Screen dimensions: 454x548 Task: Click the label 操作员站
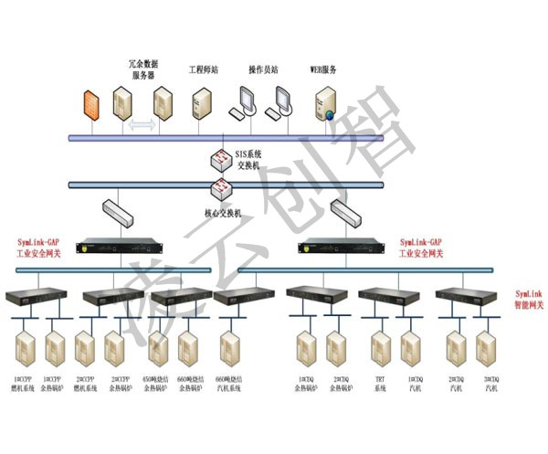pyautogui.click(x=263, y=69)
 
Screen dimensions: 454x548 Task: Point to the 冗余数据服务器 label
pyautogui.click(x=144, y=69)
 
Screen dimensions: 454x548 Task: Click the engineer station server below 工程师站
pyautogui.click(x=202, y=102)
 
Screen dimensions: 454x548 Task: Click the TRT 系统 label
pyautogui.click(x=380, y=384)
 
